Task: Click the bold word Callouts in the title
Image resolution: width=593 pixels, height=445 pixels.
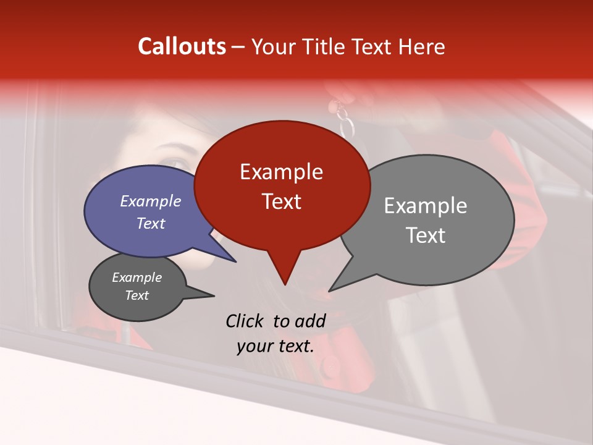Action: [182, 46]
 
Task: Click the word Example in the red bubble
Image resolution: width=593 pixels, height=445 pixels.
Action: [281, 172]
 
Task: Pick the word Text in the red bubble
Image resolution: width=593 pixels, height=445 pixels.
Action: [281, 201]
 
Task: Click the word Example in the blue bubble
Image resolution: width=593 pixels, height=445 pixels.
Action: [151, 201]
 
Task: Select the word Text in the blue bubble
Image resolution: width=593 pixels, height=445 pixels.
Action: [151, 223]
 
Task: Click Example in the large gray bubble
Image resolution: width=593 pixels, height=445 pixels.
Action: [426, 206]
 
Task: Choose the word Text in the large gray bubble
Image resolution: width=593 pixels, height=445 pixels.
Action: [426, 235]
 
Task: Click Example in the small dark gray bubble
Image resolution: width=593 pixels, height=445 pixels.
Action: [137, 278]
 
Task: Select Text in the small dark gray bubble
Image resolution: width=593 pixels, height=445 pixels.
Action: [137, 295]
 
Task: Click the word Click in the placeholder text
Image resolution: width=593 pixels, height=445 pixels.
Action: [246, 321]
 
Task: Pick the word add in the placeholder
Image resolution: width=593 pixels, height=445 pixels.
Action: [310, 321]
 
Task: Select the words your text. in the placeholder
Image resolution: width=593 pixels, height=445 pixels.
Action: [275, 346]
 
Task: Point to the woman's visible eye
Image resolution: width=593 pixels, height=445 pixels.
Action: [176, 164]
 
